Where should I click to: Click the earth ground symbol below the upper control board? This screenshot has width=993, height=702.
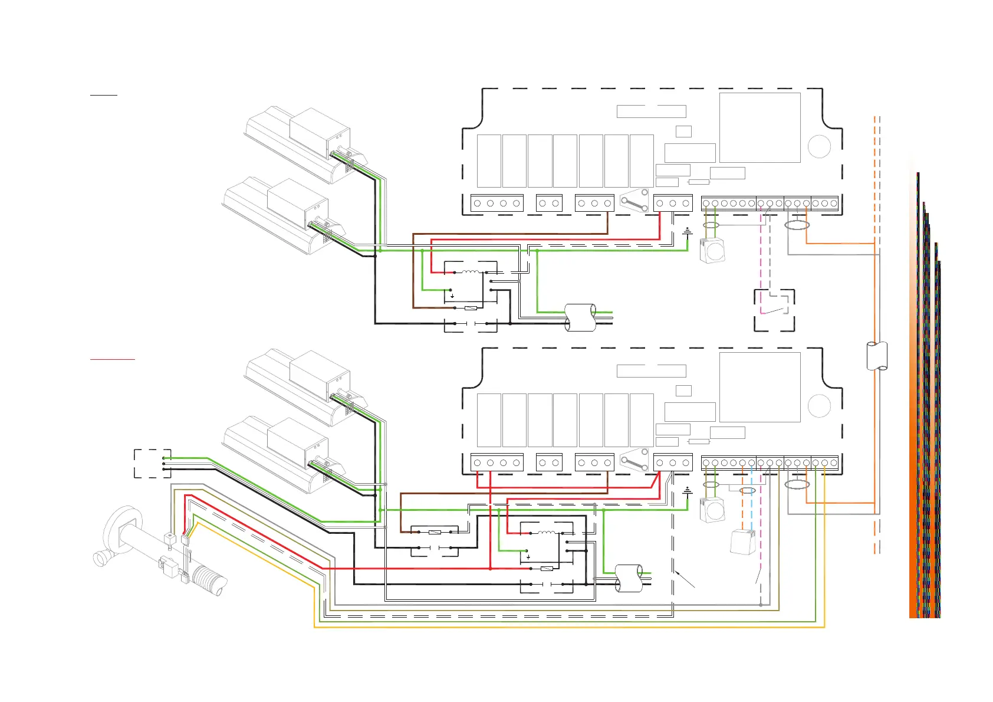[688, 232]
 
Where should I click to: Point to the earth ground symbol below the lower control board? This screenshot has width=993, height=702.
[688, 491]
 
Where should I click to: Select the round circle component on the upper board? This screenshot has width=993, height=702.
[819, 146]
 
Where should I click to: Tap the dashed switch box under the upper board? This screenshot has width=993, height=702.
[774, 310]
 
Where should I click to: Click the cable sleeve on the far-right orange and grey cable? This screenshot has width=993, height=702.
[877, 356]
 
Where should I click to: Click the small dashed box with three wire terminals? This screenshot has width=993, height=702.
[152, 463]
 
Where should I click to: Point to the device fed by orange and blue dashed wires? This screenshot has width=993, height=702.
[744, 541]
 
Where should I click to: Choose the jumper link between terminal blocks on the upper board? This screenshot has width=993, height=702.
[634, 204]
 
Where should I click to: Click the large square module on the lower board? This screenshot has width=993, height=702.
[759, 387]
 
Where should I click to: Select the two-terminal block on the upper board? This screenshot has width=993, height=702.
[549, 203]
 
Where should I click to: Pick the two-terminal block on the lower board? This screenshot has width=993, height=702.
[549, 462]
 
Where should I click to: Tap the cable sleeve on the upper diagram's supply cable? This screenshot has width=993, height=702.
[580, 317]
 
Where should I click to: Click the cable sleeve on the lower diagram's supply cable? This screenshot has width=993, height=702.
[629, 578]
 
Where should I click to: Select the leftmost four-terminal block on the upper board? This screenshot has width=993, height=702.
[497, 203]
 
